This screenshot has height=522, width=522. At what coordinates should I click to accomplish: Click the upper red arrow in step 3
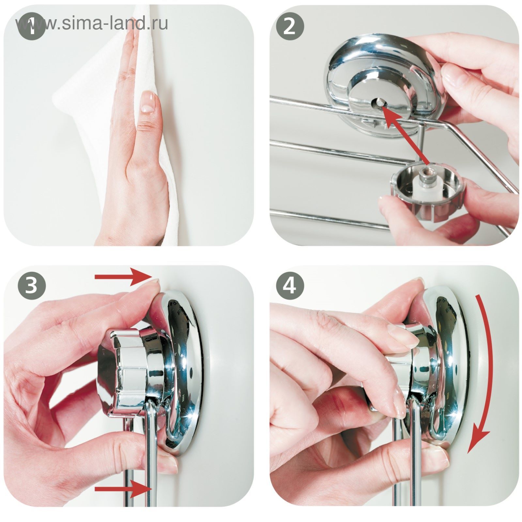pyautogui.click(x=123, y=277)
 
